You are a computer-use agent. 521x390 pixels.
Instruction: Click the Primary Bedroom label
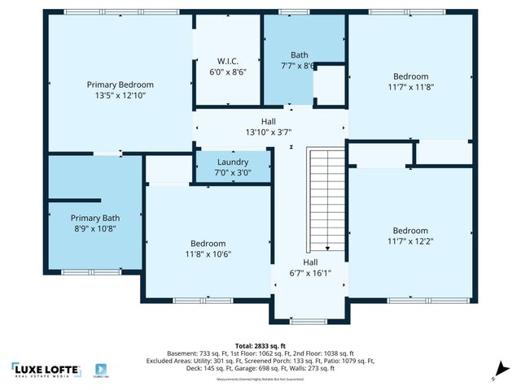point(120,84)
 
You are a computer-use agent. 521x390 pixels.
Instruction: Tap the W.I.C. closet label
point(226,60)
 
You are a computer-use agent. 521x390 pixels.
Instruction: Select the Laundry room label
point(233,162)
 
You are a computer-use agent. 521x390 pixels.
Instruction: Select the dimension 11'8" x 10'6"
point(208,254)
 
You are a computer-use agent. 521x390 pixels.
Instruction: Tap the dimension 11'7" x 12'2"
point(409,241)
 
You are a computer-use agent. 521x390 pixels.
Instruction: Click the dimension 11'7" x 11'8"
point(409,88)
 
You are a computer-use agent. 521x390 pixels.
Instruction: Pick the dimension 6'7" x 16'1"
point(310,274)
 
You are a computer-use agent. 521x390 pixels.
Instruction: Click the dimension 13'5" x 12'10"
point(120,95)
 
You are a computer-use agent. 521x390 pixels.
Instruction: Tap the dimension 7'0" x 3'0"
point(233,172)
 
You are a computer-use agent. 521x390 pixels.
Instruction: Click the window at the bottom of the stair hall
point(309,321)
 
